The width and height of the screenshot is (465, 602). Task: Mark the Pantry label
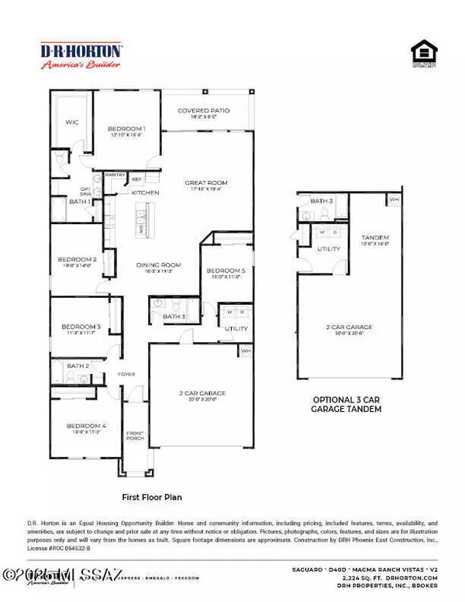pyautogui.click(x=115, y=175)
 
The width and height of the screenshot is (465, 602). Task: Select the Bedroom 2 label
pyautogui.click(x=77, y=259)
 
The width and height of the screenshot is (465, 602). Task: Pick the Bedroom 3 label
pyautogui.click(x=80, y=327)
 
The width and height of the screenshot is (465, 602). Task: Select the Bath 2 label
pyautogui.click(x=77, y=365)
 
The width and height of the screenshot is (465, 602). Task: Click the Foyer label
pyautogui.click(x=126, y=374)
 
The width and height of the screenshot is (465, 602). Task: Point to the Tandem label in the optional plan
pyautogui.click(x=375, y=237)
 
